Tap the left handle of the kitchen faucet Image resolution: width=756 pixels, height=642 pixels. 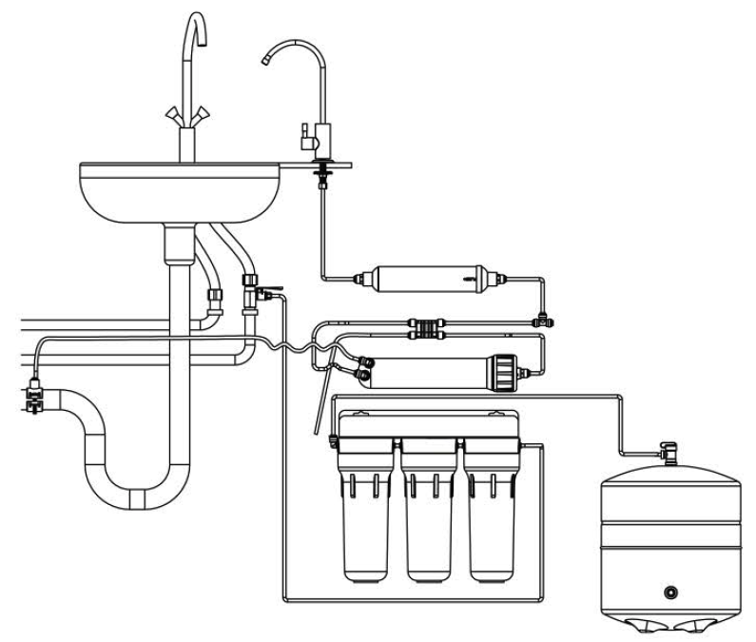[173, 115]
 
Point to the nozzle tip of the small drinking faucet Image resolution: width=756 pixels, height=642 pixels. [265, 62]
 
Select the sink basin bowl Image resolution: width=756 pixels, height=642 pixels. [181, 195]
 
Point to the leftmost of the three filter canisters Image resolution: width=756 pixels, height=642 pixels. [367, 514]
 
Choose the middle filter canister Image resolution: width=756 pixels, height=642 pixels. [428, 514]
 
